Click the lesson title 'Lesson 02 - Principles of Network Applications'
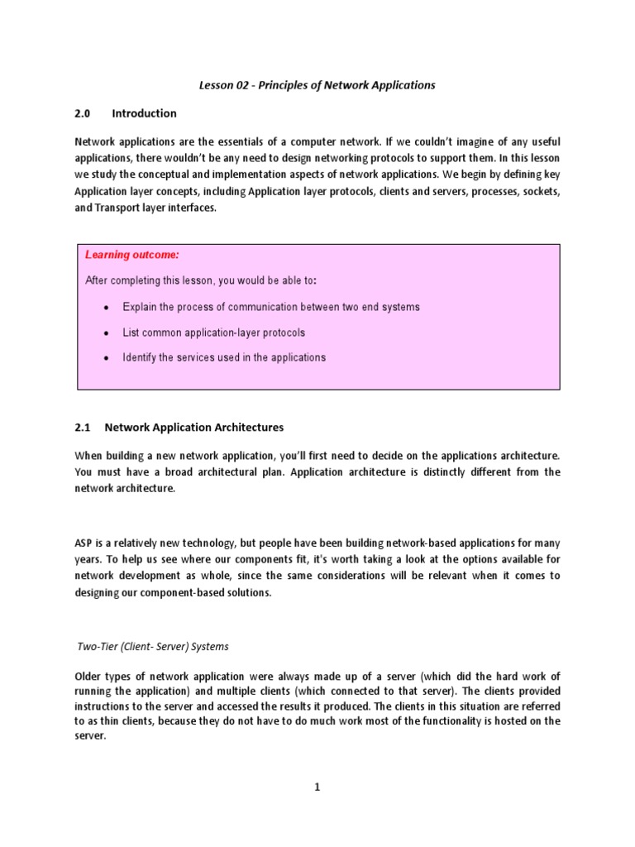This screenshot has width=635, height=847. (x=317, y=84)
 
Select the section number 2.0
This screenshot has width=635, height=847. (x=83, y=113)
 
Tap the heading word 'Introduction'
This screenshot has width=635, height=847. (x=144, y=113)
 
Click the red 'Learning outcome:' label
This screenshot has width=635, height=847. (x=131, y=255)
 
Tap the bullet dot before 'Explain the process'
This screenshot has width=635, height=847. (x=106, y=308)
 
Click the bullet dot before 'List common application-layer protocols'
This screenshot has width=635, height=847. (x=106, y=333)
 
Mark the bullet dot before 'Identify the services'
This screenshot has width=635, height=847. (x=106, y=358)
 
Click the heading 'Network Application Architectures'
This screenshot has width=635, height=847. (x=193, y=428)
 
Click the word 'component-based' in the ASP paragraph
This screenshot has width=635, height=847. (x=179, y=593)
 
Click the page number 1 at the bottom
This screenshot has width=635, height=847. (x=317, y=788)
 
